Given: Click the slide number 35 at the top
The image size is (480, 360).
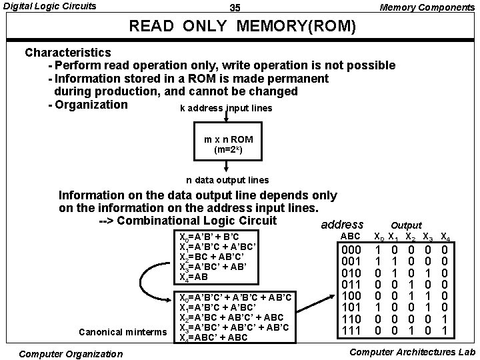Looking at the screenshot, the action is coord(235,7).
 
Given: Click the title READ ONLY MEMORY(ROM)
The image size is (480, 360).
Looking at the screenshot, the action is coord(243,28).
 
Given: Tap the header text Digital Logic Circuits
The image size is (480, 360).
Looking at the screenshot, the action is coord(50,7).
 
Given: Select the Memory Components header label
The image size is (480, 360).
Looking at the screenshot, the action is coord(427,7).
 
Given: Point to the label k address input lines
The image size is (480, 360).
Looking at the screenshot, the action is coord(226,108).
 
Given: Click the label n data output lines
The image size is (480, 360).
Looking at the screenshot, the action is coord(227,180).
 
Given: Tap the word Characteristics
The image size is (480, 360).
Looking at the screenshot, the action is coord(68,52).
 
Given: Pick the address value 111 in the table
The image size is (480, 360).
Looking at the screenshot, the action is coord(351,331).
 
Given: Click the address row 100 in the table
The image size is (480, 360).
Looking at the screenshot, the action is coord(351,296).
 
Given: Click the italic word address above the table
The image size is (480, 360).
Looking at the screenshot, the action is coord(342,225).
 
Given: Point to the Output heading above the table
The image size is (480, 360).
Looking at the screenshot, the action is coord(406,226).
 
